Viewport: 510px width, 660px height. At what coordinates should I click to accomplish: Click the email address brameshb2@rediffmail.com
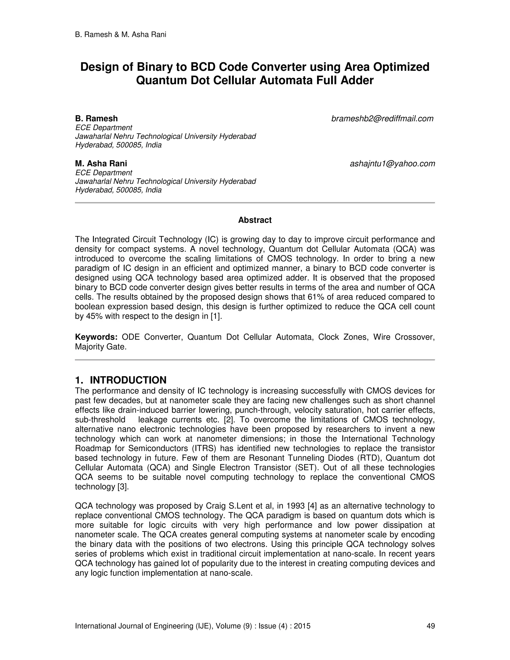(382, 119)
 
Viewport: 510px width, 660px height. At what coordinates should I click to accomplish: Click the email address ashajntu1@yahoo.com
(392, 164)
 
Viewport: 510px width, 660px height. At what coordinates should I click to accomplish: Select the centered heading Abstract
(255, 220)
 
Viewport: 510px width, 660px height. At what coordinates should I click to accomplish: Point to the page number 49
(431, 626)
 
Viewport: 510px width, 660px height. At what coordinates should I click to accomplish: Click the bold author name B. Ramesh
(96, 119)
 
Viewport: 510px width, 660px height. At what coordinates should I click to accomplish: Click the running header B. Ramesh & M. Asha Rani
(121, 34)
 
